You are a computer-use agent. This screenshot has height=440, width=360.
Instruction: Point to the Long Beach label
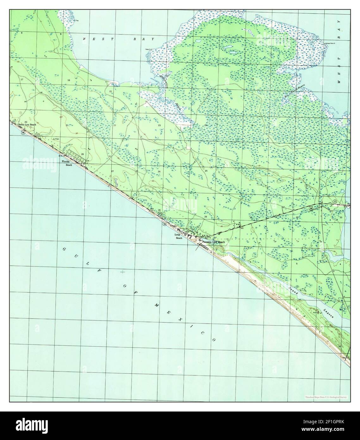click(x=177, y=237)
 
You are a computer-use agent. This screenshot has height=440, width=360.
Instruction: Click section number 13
click(x=206, y=79)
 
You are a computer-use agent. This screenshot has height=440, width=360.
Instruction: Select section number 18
click(x=253, y=79)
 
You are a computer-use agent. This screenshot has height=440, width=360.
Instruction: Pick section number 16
click(x=68, y=80)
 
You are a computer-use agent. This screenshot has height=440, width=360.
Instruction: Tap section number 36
click(x=205, y=217)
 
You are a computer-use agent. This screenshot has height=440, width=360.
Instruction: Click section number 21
click(x=67, y=126)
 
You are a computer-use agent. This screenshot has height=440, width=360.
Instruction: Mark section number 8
click(x=22, y=33)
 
